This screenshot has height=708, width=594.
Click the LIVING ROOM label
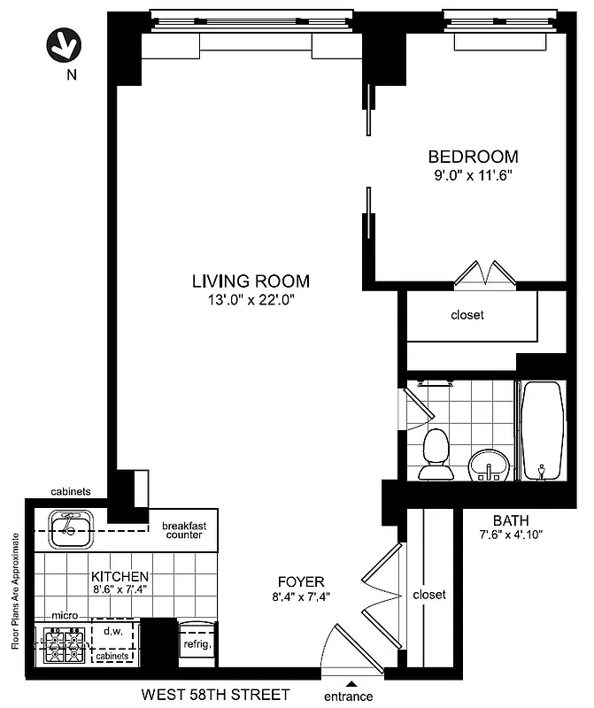251,281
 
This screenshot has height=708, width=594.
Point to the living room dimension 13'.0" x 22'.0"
251,300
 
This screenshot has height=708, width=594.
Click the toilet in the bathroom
435,452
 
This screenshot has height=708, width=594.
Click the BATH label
511,519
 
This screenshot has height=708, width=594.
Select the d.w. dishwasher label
112,632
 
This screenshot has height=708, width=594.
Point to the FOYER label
301,581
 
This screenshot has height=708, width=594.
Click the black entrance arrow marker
351,683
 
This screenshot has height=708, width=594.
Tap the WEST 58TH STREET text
215,696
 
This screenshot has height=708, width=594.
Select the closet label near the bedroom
467,315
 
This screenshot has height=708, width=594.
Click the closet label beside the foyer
429,595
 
